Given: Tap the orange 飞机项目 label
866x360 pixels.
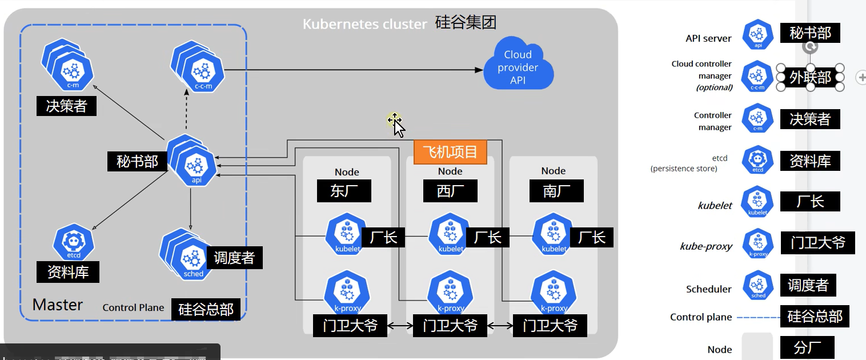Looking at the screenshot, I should tap(450, 153).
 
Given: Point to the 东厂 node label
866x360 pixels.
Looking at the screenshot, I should tap(344, 191).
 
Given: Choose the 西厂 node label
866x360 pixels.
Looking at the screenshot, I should tap(450, 191).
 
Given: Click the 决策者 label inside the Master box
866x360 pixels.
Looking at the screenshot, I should tap(66, 106).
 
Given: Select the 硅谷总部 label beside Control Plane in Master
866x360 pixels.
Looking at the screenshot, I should tap(206, 309).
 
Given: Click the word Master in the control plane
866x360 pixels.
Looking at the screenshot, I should tap(58, 305).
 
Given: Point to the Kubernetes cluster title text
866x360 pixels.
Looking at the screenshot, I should tap(364, 24).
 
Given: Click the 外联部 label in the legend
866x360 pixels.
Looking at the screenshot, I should tap(810, 77).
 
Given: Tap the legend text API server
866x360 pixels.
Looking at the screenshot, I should tap(708, 39).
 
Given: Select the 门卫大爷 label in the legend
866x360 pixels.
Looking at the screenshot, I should tap(817, 243).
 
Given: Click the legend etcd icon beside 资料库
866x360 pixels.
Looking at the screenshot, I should tap(757, 161).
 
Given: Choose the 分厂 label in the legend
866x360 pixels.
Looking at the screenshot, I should tap(807, 347).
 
